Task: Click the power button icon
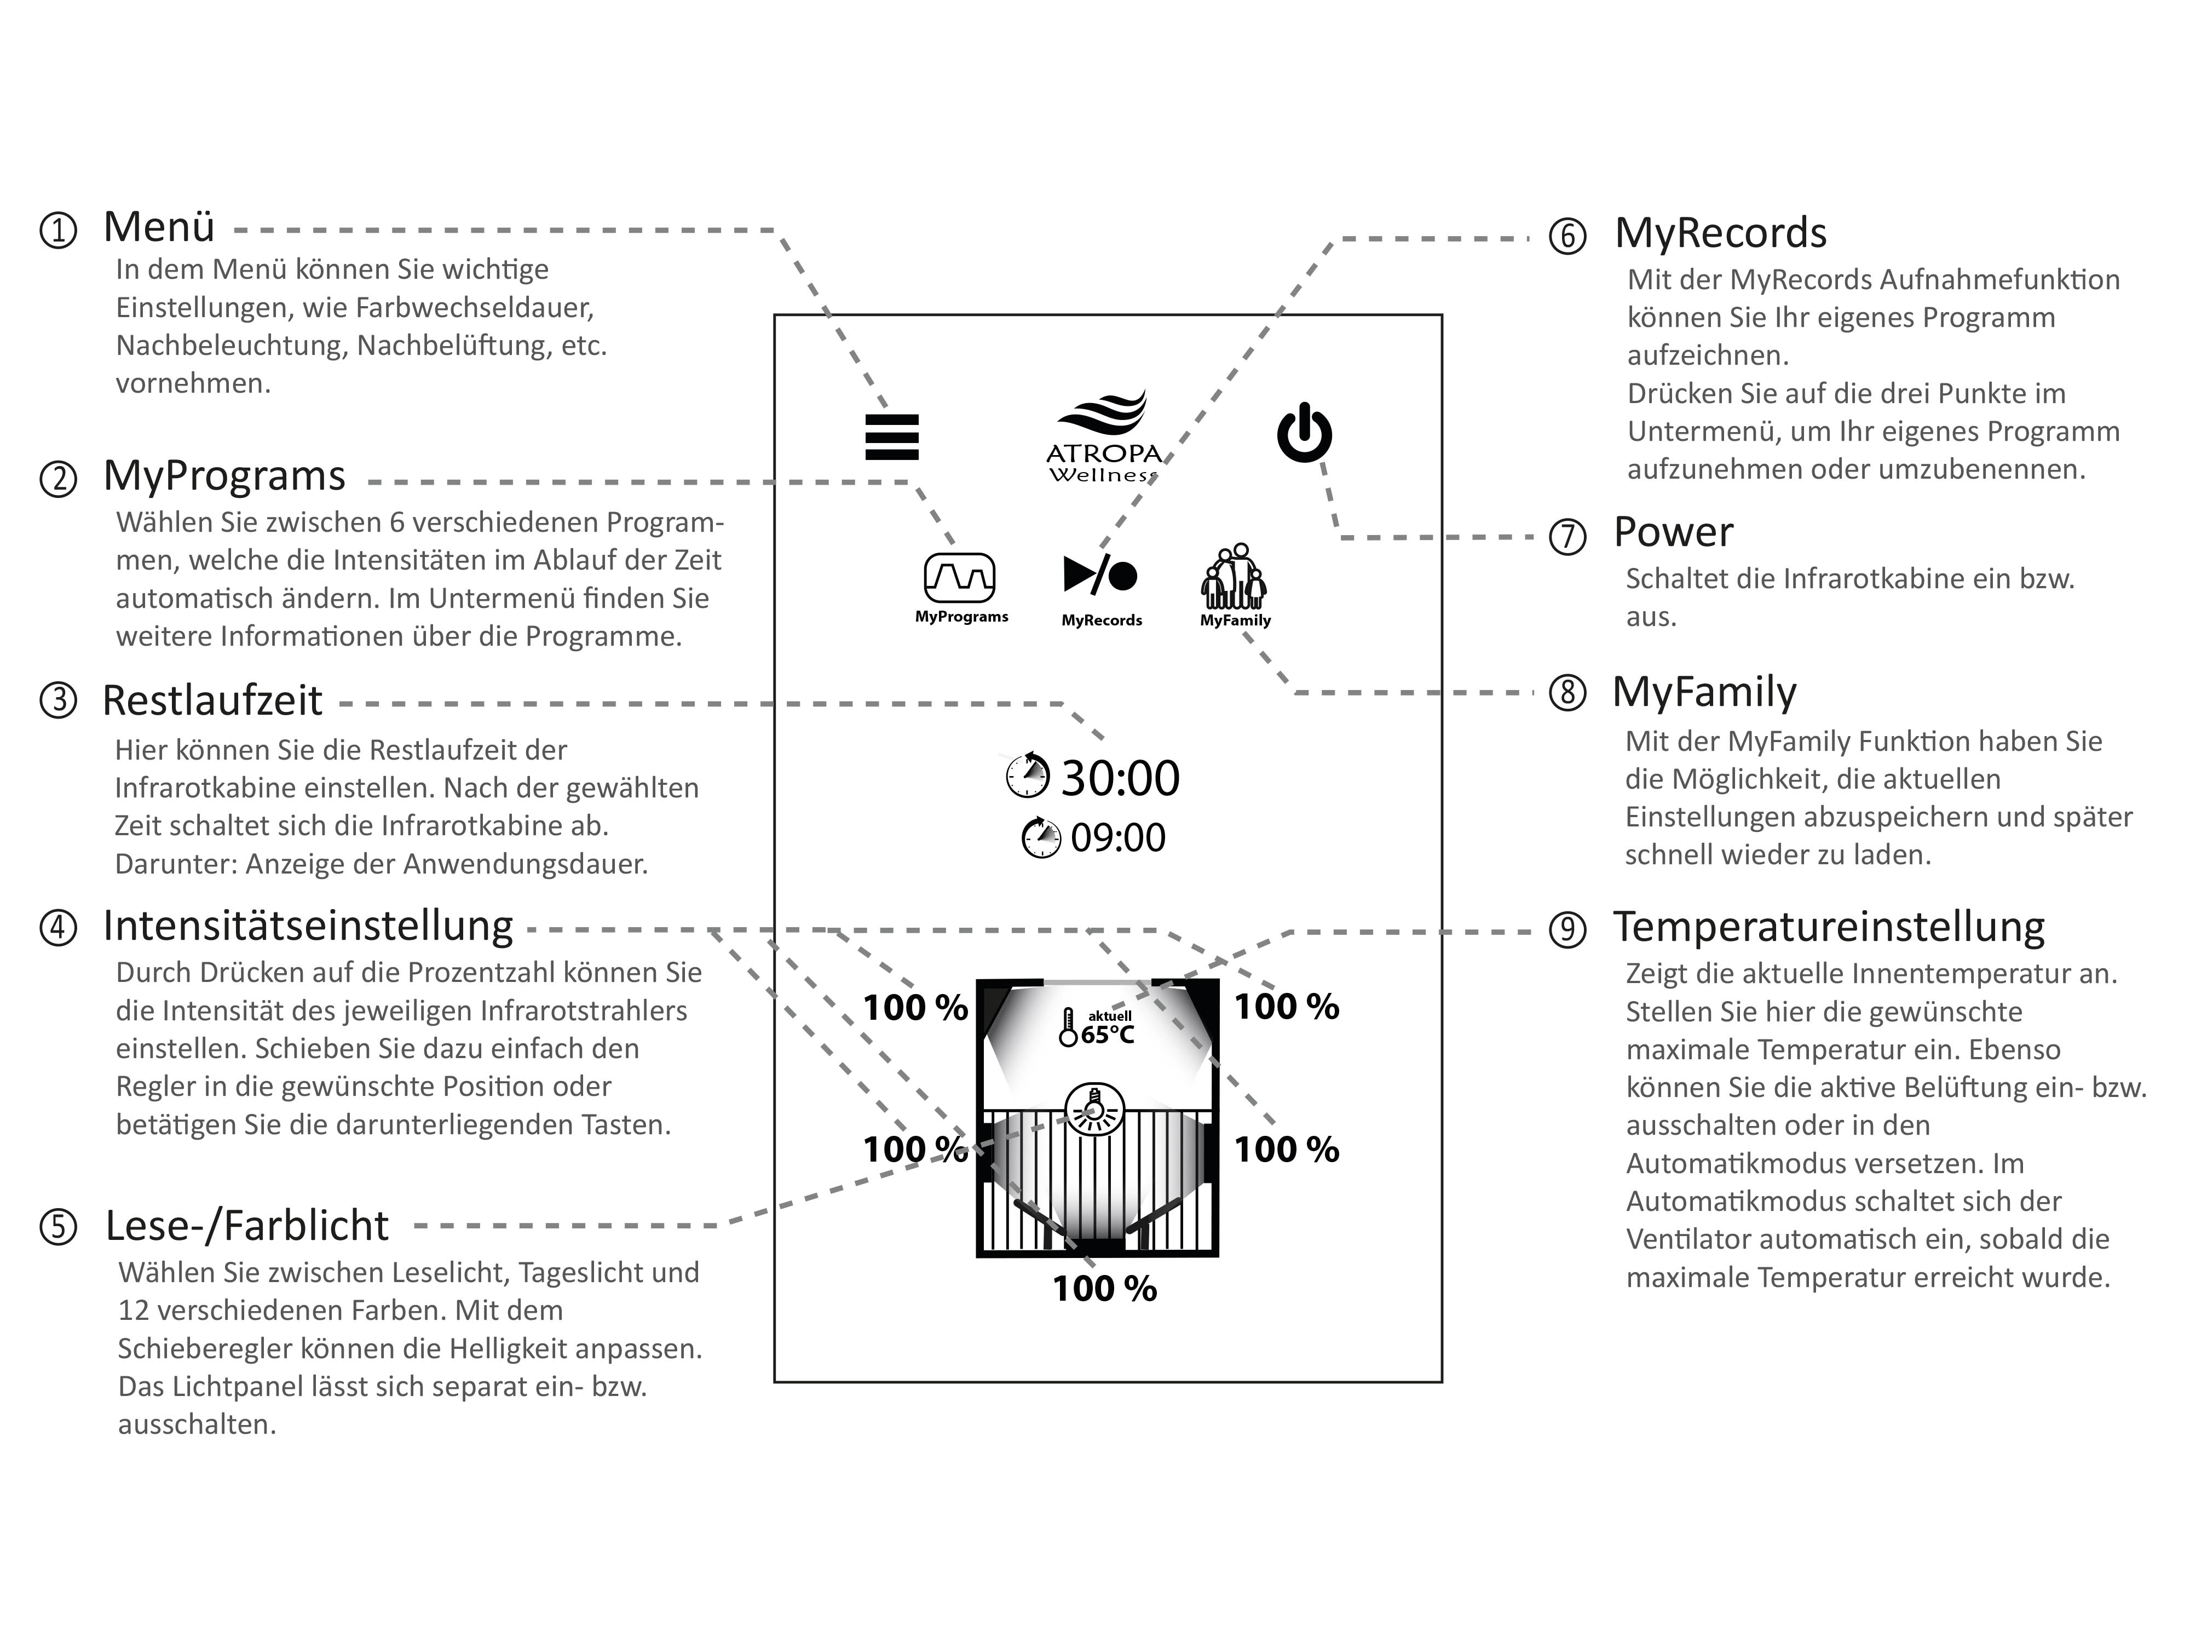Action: (1304, 434)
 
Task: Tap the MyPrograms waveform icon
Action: (959, 577)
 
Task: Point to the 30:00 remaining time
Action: (1120, 778)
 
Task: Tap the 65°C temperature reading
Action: (1107, 1035)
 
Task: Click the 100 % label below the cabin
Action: (1104, 1289)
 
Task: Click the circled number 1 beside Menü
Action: (59, 231)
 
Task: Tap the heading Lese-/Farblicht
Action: (246, 1226)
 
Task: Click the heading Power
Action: (1673, 533)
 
